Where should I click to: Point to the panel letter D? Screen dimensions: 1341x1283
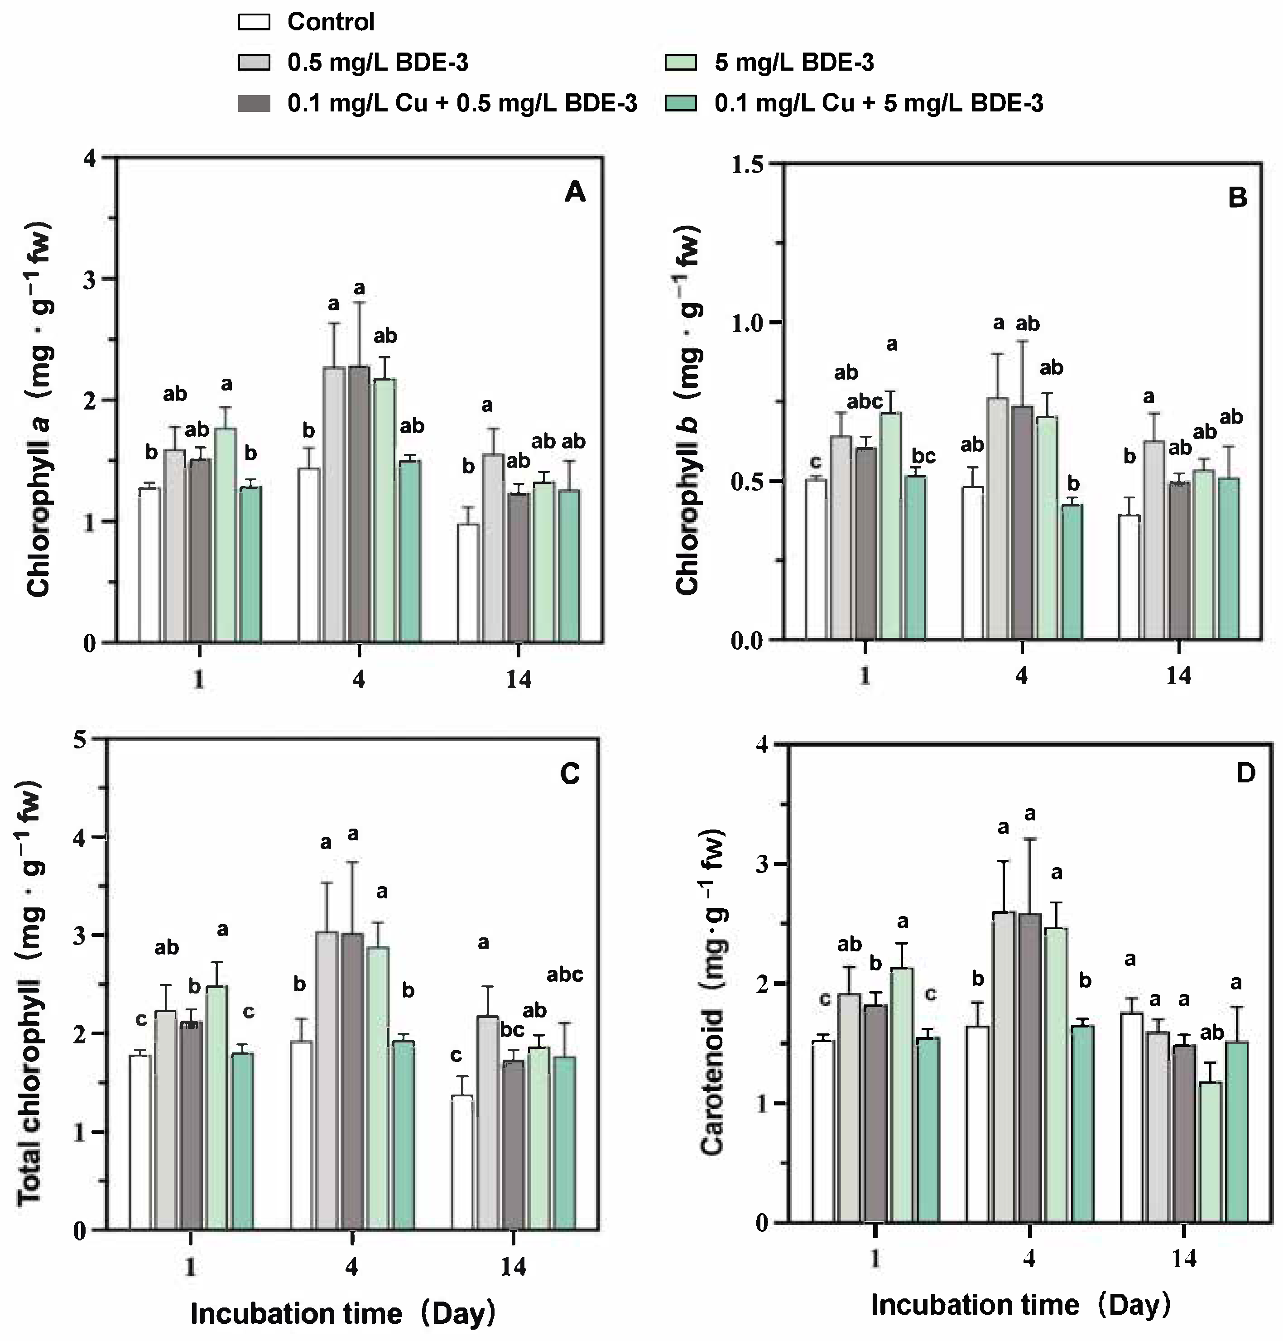pos(1246,773)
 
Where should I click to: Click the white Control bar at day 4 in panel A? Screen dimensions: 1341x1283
pos(308,555)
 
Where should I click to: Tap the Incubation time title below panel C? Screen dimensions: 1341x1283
pos(342,1314)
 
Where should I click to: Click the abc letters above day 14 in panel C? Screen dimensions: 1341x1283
pos(564,974)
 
